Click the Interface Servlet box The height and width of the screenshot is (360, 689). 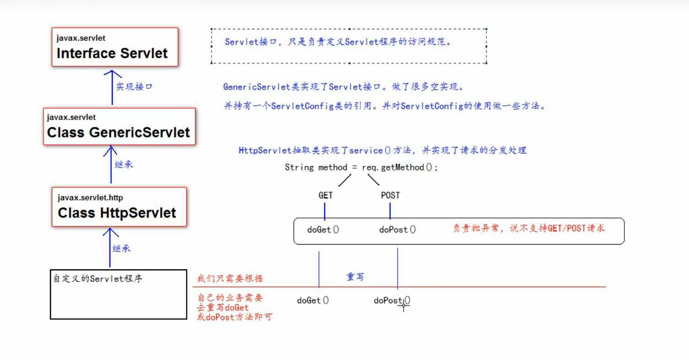coord(115,47)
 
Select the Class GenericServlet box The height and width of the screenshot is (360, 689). coord(119,126)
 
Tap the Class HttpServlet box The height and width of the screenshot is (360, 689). coord(119,207)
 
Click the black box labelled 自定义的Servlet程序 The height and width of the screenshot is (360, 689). coord(118,294)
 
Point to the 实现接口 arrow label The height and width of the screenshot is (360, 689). coord(134,87)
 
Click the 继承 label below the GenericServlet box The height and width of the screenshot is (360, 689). coord(124,164)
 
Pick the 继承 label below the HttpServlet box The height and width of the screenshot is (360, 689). coord(121,248)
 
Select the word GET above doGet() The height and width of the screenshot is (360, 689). coord(325,196)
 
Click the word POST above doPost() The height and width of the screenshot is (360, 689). coord(390,196)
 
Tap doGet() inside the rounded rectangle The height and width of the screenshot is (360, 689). coord(323,229)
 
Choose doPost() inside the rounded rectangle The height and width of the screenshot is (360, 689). coord(398,229)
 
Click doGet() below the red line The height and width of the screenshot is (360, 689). coord(313,300)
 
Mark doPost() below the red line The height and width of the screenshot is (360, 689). coord(392,300)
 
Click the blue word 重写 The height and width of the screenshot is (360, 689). coord(355,277)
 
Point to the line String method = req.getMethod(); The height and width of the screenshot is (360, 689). coord(361,168)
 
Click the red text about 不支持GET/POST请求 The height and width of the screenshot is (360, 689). coord(529,228)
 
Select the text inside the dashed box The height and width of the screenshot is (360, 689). coord(338,42)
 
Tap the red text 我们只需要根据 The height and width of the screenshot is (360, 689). coord(230,278)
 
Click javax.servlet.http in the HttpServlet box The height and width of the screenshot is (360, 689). coord(90,198)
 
